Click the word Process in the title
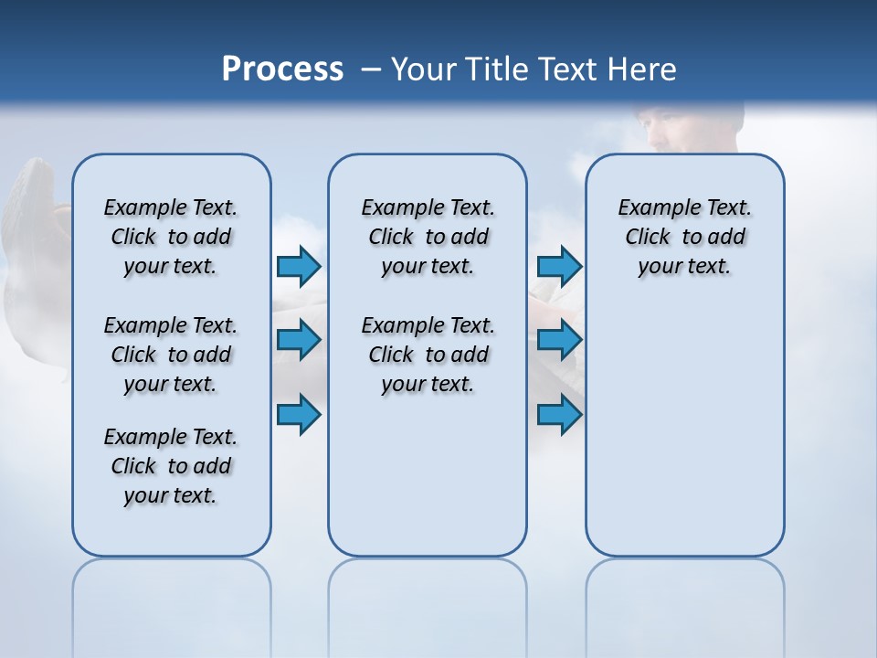[x=282, y=69]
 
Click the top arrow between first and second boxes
[x=299, y=266]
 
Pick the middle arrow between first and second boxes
[x=299, y=340]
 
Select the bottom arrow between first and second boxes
[x=299, y=415]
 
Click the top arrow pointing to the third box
[x=559, y=266]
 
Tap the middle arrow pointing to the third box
[x=559, y=340]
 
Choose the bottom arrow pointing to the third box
[x=559, y=415]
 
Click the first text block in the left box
[x=171, y=237]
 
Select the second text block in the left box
[x=171, y=355]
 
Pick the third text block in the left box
[x=171, y=466]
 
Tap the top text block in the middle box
[x=428, y=237]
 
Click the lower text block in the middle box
[x=428, y=355]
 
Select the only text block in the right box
[x=684, y=237]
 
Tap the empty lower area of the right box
[x=684, y=439]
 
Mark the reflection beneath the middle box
[x=428, y=594]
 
